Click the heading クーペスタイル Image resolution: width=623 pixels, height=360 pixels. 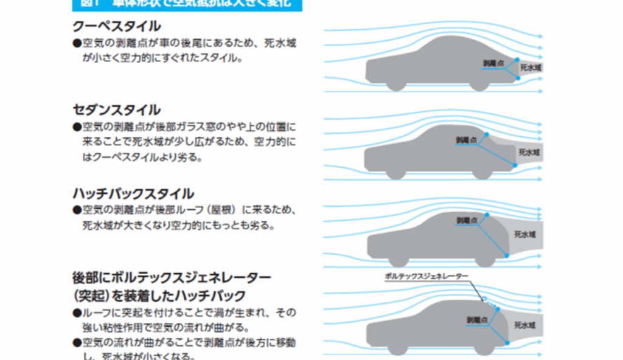[x=116, y=26]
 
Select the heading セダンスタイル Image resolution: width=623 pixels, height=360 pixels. [x=116, y=110]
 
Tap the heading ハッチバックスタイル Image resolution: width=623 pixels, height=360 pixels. [x=133, y=194]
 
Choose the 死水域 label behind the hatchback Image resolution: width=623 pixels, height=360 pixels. [x=524, y=234]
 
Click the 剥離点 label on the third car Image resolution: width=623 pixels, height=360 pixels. [x=467, y=220]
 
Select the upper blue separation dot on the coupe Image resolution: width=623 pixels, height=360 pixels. [x=517, y=60]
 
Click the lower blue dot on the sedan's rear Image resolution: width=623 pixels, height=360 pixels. [x=515, y=165]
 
